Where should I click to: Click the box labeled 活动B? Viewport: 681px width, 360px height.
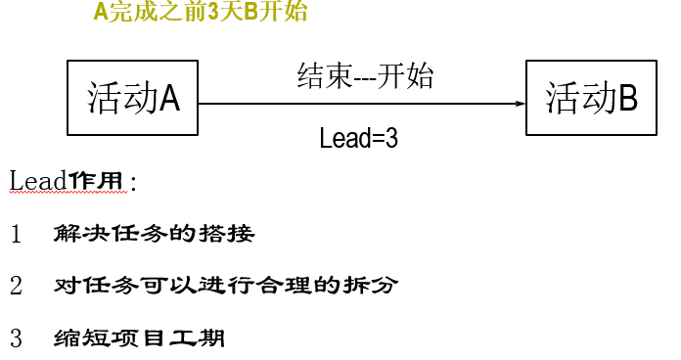590,98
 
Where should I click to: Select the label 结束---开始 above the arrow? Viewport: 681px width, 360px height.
366,75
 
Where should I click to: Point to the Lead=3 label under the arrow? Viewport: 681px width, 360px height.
358,138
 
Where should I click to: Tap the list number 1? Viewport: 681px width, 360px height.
17,235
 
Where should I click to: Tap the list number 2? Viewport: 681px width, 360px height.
17,287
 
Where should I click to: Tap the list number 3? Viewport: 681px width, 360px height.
17,339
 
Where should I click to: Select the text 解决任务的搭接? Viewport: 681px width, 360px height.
155,235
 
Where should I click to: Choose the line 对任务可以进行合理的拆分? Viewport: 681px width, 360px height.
226,287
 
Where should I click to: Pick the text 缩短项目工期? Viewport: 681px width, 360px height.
140,339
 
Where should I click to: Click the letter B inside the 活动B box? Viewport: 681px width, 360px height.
628,98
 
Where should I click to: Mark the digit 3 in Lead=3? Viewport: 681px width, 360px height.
391,138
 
